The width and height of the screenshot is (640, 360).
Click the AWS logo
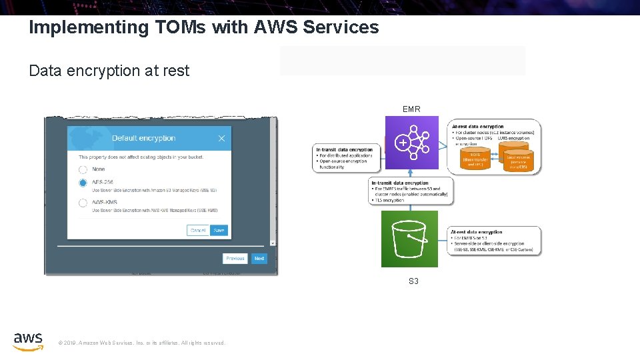28,341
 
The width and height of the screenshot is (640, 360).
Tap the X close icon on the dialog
221,139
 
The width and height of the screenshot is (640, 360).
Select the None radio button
83,169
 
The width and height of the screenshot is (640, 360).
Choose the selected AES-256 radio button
83,183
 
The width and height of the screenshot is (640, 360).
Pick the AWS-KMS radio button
83,203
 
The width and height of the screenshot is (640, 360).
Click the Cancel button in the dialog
198,230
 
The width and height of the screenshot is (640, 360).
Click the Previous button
235,258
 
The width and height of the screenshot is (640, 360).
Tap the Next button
259,258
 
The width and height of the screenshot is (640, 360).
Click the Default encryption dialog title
143,138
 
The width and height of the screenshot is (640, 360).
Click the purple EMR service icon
412,143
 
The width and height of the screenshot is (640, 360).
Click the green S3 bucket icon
409,239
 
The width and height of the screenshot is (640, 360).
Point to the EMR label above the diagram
411,109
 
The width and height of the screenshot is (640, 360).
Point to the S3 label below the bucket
413,281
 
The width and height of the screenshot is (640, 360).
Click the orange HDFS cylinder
475,157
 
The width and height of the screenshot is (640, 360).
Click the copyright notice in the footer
141,343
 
